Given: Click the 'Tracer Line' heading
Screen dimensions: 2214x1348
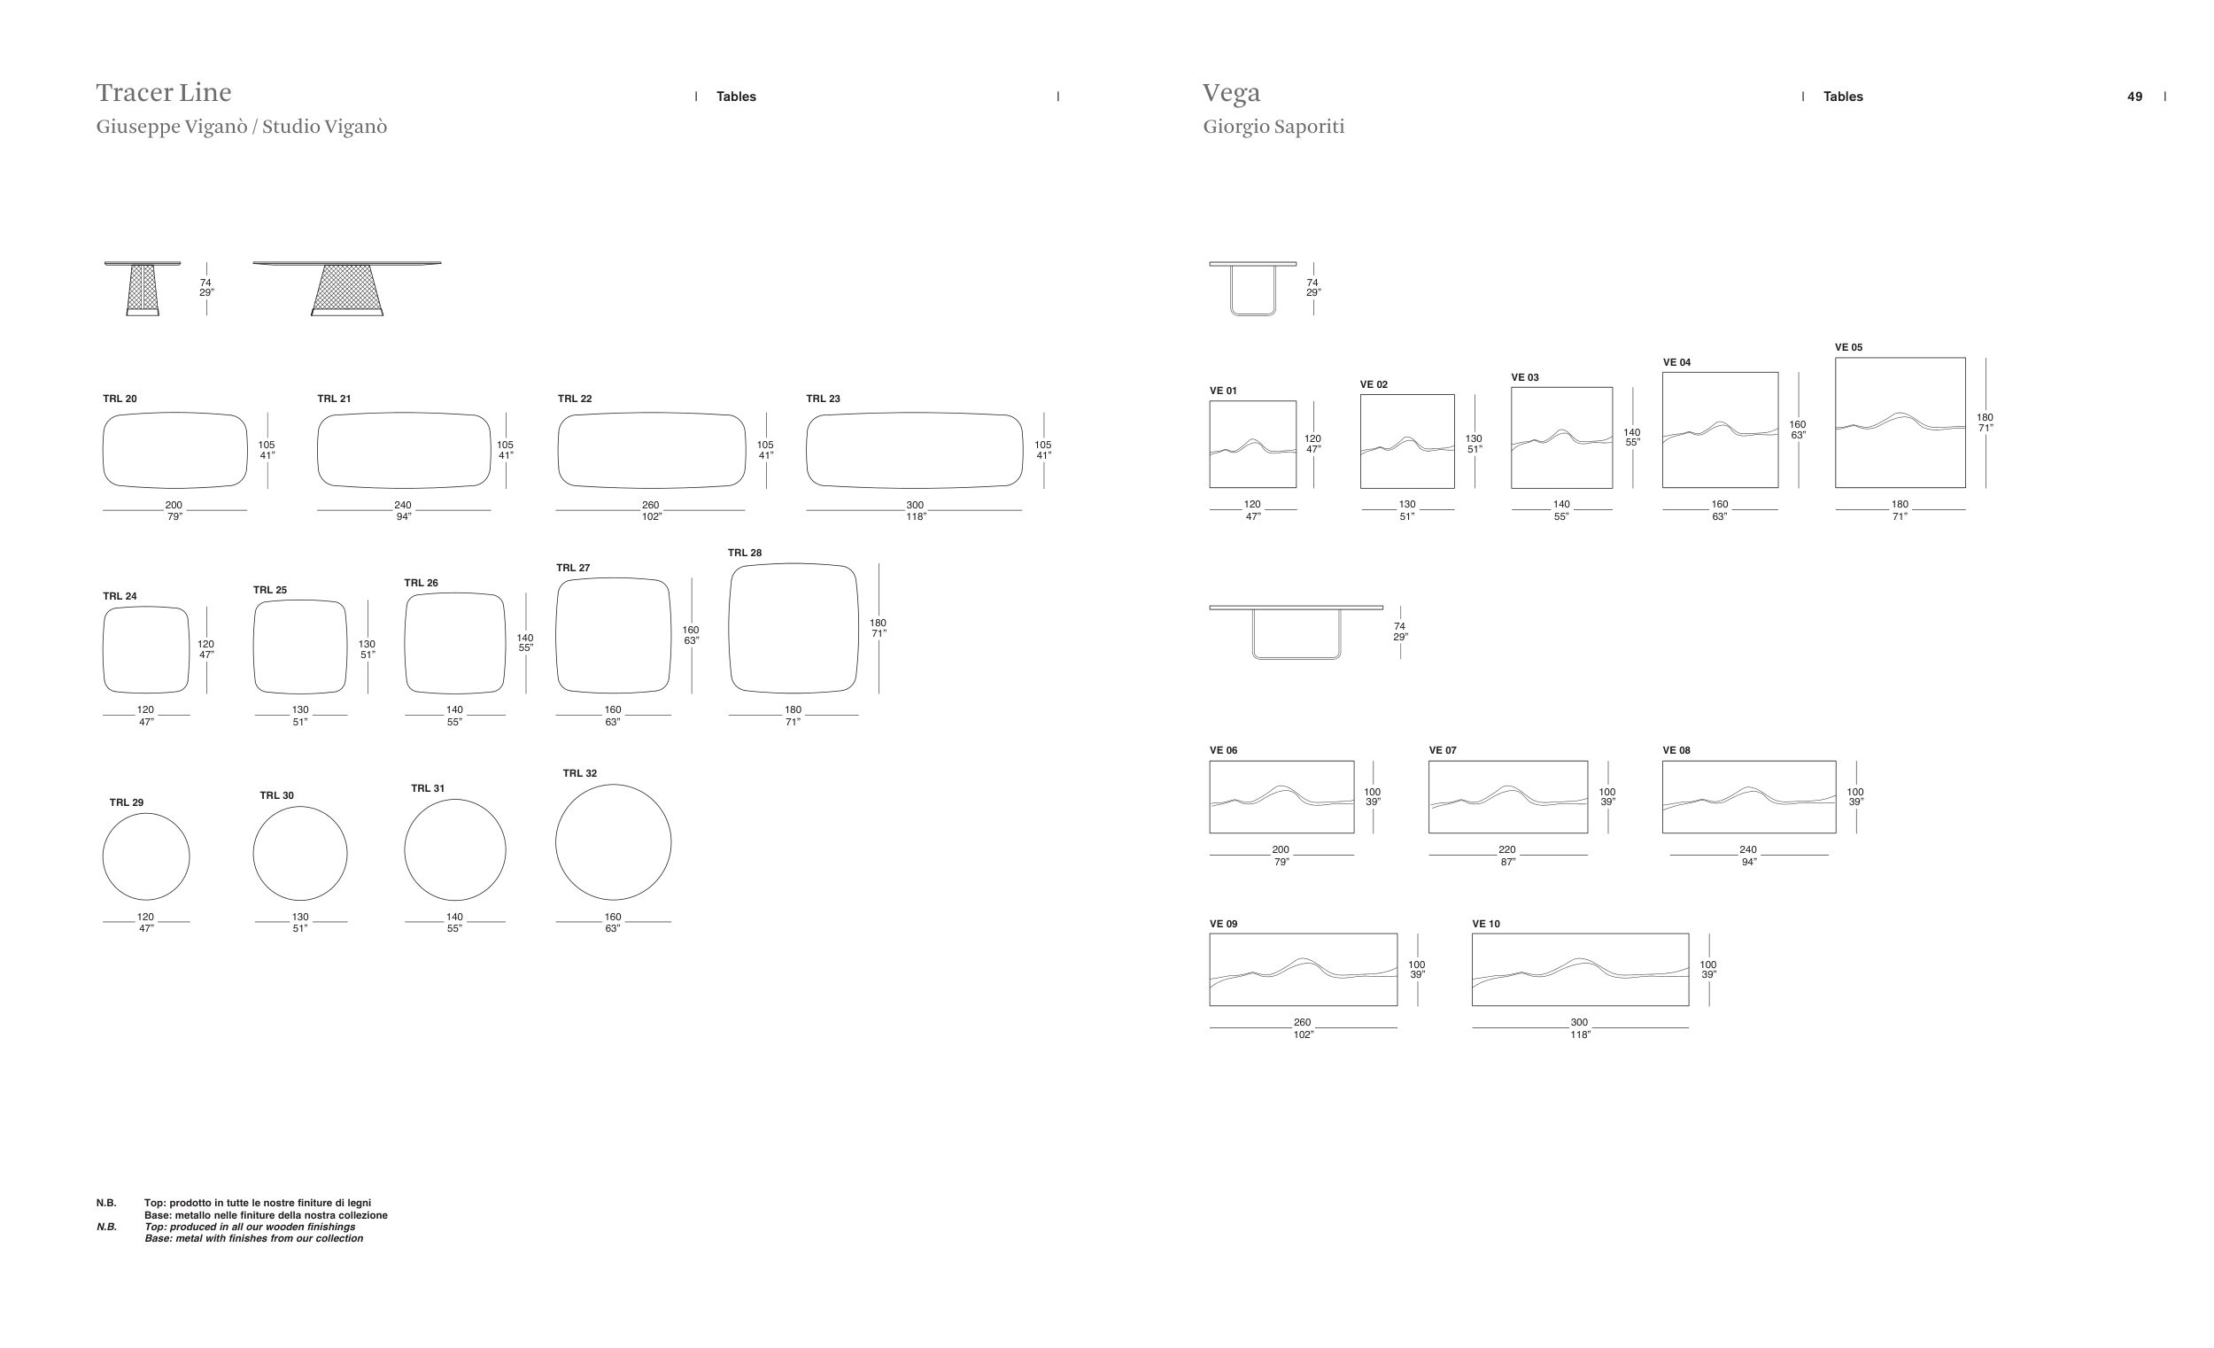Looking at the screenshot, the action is (164, 93).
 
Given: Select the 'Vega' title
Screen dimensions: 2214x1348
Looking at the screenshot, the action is (1231, 94).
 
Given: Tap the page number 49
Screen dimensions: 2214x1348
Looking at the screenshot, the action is (2135, 97).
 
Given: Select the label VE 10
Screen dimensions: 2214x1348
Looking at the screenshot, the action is (1486, 924).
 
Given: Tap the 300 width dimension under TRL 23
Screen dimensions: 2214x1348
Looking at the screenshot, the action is (915, 506).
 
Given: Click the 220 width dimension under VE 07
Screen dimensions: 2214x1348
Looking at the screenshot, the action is (1507, 850).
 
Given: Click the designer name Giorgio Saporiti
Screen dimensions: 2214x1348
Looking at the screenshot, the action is (1273, 127).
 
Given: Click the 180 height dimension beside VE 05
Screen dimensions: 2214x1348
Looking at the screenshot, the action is (1985, 418).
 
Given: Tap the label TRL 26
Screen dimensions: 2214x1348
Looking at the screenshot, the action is (422, 584).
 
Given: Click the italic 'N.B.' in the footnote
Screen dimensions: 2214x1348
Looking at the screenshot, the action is (107, 1227).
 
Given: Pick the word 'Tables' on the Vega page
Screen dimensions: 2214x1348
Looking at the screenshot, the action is (1843, 97).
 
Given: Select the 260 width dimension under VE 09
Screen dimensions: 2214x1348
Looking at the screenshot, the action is (1302, 1023).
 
